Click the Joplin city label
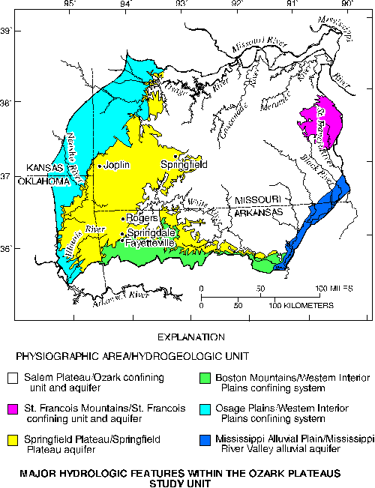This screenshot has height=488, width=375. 117,165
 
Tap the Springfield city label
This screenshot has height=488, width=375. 184,164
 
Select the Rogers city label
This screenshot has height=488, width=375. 142,218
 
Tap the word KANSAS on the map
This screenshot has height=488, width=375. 43,168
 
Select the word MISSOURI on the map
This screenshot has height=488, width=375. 257,201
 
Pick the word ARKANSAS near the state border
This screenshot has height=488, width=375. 257,211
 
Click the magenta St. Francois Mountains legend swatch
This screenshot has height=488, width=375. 13,409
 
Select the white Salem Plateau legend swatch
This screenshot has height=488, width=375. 13,377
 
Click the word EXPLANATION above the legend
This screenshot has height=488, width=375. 187,337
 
